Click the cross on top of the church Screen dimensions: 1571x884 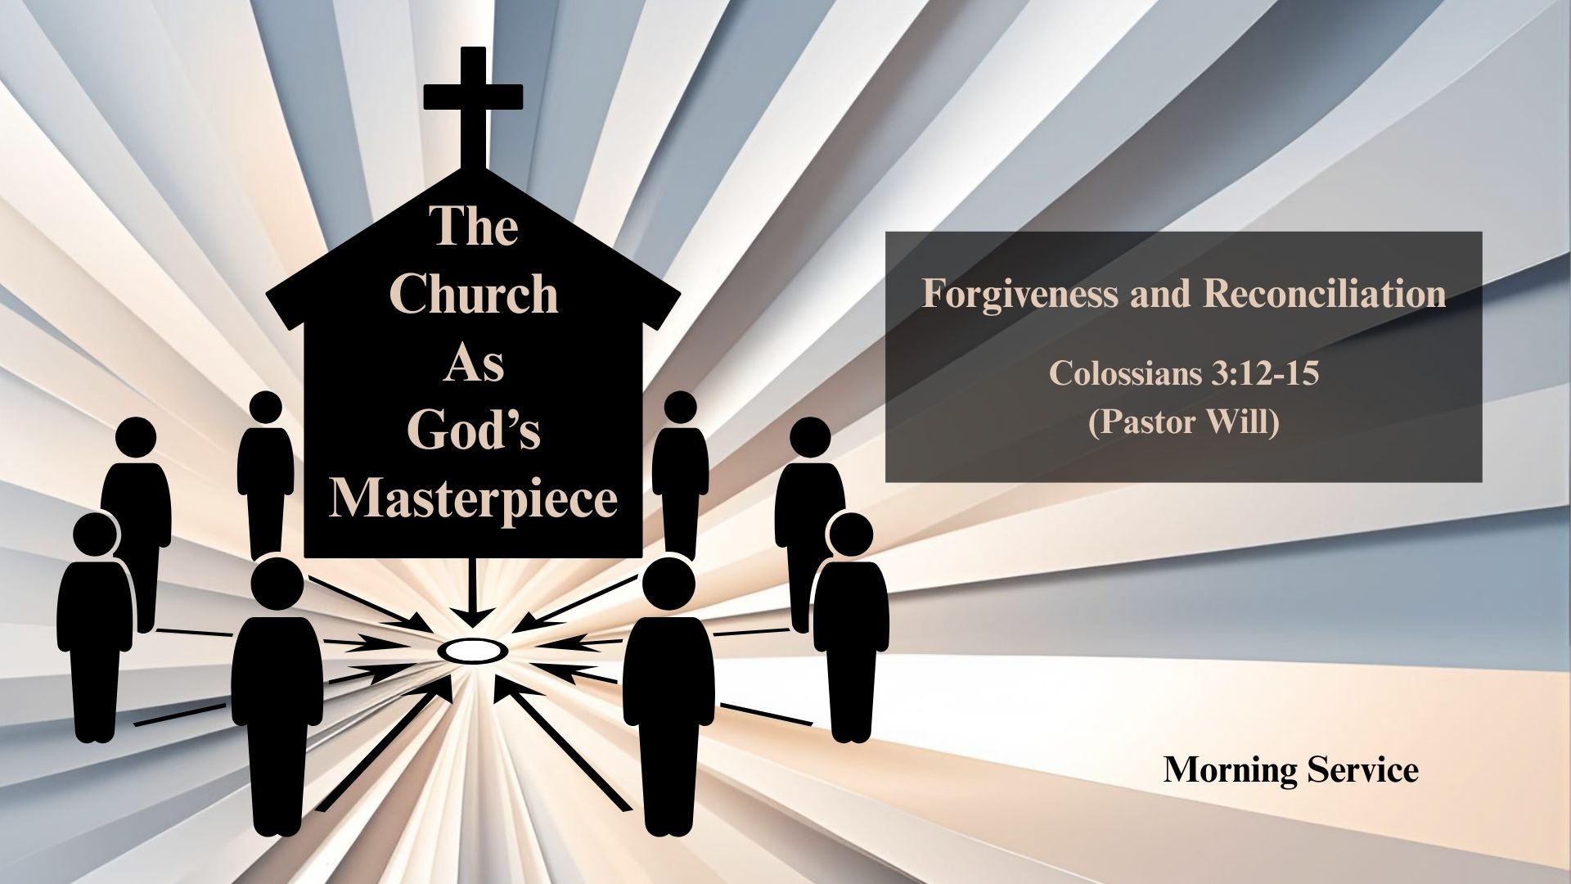click(473, 106)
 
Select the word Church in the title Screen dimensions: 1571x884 click(474, 294)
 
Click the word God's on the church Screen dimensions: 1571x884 click(474, 430)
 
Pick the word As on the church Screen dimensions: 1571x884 click(474, 363)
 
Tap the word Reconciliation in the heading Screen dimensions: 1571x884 click(1325, 293)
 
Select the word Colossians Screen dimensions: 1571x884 click(1125, 373)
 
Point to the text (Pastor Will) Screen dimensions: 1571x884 click(1183, 422)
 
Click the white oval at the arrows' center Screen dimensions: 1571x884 click(473, 651)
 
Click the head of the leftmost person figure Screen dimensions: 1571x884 click(96, 534)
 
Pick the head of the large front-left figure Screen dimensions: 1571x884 click(277, 584)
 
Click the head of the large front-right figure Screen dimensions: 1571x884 click(668, 584)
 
